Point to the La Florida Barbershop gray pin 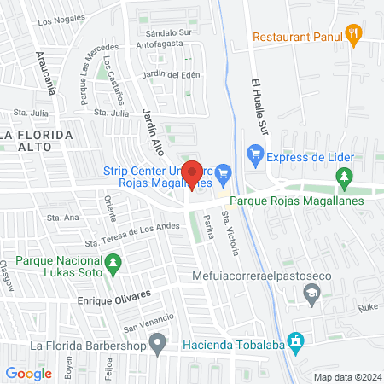tap(157, 345)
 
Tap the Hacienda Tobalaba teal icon tap(296, 345)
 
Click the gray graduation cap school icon tap(311, 294)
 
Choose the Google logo tap(29, 373)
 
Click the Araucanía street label tap(46, 71)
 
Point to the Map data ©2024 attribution tap(346, 376)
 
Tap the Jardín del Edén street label tap(171, 74)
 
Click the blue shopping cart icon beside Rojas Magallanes tap(223, 172)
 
